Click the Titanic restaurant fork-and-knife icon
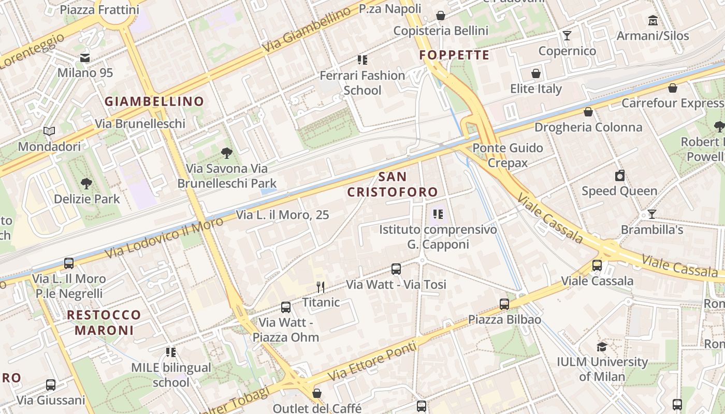321,287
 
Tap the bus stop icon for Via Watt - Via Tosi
396,269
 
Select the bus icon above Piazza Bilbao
504,304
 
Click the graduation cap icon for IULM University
602,346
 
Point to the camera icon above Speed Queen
619,175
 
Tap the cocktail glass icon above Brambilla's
652,214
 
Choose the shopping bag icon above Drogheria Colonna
588,112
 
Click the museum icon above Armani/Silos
653,21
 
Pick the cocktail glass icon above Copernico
567,35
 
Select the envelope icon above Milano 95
85,58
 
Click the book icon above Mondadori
49,131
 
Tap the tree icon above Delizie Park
86,183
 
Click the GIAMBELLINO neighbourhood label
154,101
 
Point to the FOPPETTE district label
454,55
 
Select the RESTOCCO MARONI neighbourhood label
104,322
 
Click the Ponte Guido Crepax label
508,155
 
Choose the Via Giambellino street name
306,32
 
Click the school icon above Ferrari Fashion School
363,60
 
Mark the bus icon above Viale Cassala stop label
597,265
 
